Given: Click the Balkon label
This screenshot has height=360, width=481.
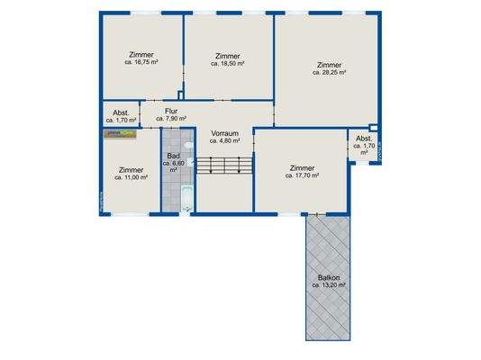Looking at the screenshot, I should pyautogui.click(x=329, y=281).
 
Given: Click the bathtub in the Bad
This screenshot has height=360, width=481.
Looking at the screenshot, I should pyautogui.click(x=186, y=198).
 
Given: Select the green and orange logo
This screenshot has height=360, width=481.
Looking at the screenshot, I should pyautogui.click(x=120, y=133).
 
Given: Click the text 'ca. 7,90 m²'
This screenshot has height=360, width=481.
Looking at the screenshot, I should pyautogui.click(x=170, y=119).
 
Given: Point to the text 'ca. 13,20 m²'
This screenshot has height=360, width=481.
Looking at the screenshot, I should pyautogui.click(x=329, y=285).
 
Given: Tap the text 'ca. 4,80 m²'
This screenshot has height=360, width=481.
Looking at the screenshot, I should pyautogui.click(x=223, y=140).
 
